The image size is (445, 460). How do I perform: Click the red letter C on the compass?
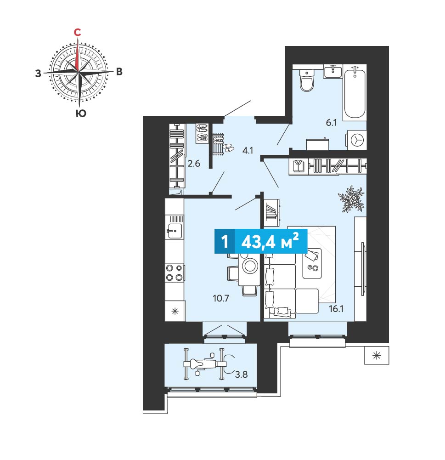pyautogui.click(x=77, y=32)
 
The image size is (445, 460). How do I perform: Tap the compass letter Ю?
pyautogui.click(x=81, y=113)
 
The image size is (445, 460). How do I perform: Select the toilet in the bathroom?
pyautogui.click(x=307, y=80)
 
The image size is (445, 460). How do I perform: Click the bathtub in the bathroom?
pyautogui.click(x=355, y=92)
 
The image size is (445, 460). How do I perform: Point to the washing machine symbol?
pyautogui.click(x=357, y=140)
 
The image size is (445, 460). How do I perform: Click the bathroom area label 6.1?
pyautogui.click(x=331, y=123)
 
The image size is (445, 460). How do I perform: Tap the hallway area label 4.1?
pyautogui.click(x=248, y=150)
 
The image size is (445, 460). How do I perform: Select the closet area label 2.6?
pyautogui.click(x=194, y=164)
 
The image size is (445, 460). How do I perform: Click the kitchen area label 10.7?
pyautogui.click(x=221, y=298)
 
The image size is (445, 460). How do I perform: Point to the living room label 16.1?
pyautogui.click(x=336, y=309)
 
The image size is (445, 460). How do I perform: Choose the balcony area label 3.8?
pyautogui.click(x=241, y=375)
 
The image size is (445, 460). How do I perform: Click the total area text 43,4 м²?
pyautogui.click(x=270, y=241)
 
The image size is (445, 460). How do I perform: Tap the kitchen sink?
pyautogui.click(x=174, y=231)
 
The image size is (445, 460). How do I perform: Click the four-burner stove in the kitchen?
pyautogui.click(x=175, y=273)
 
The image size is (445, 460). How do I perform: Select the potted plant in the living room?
pyautogui.click(x=351, y=199)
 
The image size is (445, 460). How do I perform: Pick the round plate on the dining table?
pyautogui.click(x=250, y=266)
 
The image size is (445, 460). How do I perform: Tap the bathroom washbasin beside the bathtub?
pyautogui.click(x=333, y=71)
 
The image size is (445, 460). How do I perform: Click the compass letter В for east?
pyautogui.click(x=119, y=72)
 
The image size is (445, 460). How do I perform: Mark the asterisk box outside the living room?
pyautogui.click(x=377, y=356)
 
